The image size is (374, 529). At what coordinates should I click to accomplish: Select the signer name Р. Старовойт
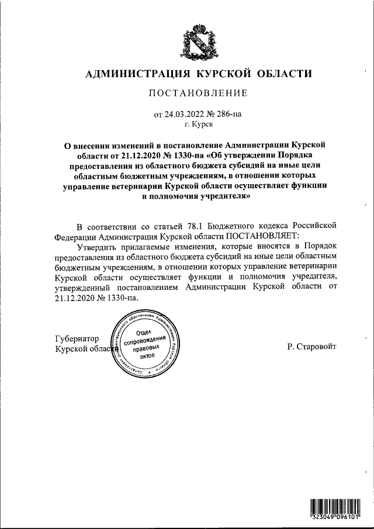pos(311,347)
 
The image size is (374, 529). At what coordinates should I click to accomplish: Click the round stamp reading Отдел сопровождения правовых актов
pos(147,344)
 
